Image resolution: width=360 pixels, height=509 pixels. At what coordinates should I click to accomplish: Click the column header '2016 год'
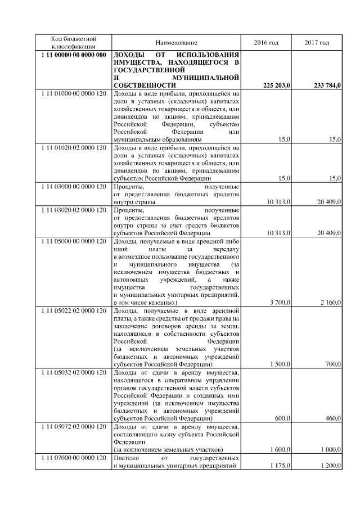click(265, 43)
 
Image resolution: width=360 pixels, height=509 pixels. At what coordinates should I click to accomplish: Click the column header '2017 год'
click(317, 43)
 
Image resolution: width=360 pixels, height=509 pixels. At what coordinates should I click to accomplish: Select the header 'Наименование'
click(177, 43)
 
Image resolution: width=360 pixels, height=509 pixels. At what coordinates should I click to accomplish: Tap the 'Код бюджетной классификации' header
click(74, 43)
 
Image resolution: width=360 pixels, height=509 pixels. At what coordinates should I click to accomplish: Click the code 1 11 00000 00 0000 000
click(74, 55)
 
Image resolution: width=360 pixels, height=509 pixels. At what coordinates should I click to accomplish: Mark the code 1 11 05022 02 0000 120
click(74, 310)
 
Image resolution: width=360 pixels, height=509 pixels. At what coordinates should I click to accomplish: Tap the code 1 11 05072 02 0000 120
click(74, 427)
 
